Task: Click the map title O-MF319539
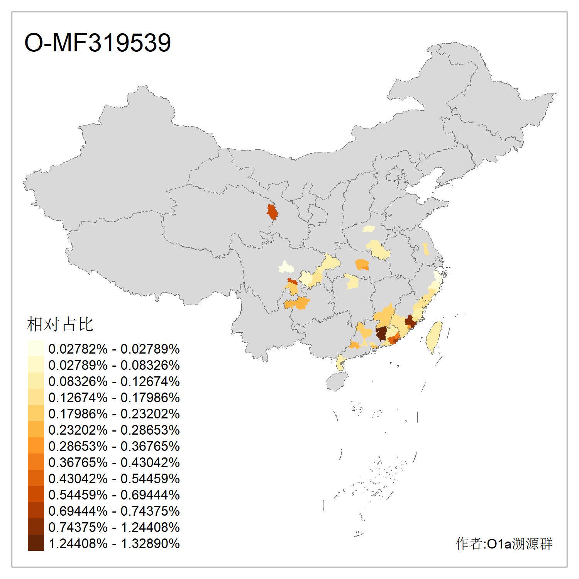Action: tap(97, 42)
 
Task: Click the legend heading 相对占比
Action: tap(60, 324)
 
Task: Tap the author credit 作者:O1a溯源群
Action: tap(504, 543)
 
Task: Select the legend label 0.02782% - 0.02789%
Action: tap(114, 349)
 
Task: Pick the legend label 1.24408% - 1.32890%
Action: tap(114, 543)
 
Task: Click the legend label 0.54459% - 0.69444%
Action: tap(114, 495)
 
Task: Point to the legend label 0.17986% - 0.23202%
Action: tap(114, 414)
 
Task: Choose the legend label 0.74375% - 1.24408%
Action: tap(114, 527)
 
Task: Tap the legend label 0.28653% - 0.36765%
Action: tap(114, 446)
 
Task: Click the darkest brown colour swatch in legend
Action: tap(36, 543)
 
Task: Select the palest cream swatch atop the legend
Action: tap(36, 348)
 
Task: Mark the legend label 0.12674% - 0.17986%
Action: tap(114, 398)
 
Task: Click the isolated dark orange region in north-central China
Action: tap(273, 212)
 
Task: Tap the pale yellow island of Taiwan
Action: tap(434, 336)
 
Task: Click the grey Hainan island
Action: tap(337, 382)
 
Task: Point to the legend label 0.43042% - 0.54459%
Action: tap(114, 479)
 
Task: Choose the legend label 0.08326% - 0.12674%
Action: tap(114, 381)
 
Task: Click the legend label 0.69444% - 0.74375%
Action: tap(114, 511)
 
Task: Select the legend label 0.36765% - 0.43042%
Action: tap(114, 462)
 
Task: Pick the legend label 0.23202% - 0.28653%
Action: tap(114, 430)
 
